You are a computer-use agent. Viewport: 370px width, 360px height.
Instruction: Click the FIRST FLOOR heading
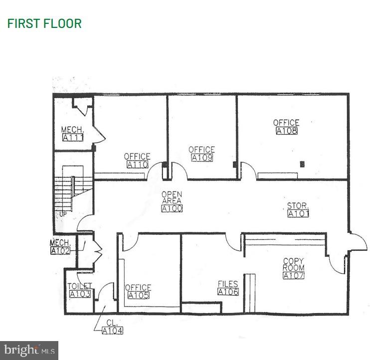(x=44, y=23)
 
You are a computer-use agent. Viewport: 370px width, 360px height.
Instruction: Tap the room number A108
(x=287, y=131)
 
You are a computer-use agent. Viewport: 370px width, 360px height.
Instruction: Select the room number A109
(x=202, y=158)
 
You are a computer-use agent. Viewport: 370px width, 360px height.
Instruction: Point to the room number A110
(x=137, y=165)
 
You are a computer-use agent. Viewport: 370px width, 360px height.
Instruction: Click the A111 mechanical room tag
(x=72, y=138)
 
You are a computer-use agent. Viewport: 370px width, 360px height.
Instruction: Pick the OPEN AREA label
(x=172, y=197)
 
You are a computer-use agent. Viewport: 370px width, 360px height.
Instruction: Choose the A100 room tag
(x=172, y=208)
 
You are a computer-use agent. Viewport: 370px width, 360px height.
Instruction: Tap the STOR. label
(x=298, y=205)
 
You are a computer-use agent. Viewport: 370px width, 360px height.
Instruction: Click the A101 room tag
(x=298, y=213)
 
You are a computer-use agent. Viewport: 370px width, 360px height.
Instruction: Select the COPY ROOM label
(x=293, y=264)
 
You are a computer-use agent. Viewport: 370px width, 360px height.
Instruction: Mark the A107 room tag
(x=293, y=275)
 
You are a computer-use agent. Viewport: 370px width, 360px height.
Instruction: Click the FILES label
(x=228, y=284)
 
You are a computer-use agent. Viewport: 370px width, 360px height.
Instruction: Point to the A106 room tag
(x=228, y=292)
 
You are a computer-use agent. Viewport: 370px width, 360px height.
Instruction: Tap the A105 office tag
(x=138, y=295)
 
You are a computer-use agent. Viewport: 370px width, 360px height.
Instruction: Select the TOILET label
(x=80, y=286)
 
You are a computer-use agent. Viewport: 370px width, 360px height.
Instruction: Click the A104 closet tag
(x=112, y=330)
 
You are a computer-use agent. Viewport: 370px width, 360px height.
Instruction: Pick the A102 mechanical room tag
(x=61, y=250)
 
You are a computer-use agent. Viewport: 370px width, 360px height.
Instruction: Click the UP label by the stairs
(x=63, y=214)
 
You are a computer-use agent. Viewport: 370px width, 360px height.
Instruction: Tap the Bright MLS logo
(x=29, y=350)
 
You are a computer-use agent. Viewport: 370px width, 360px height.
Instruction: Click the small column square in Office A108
(x=302, y=164)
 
